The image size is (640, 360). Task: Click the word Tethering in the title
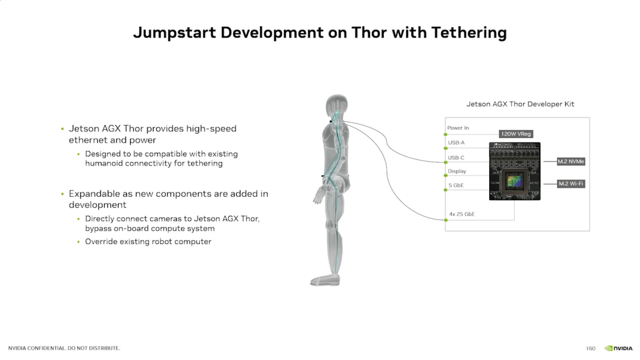(x=469, y=33)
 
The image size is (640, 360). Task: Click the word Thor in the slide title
(x=369, y=32)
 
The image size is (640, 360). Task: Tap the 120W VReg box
(x=516, y=134)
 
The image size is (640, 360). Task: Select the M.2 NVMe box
(x=571, y=161)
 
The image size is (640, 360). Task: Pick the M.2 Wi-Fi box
(x=571, y=184)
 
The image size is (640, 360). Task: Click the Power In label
(x=458, y=128)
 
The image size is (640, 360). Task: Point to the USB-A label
(x=456, y=143)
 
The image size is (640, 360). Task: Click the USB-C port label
(x=456, y=158)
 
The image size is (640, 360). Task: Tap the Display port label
(x=457, y=171)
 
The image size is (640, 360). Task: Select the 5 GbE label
(x=456, y=185)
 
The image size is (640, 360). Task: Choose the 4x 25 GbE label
(x=462, y=214)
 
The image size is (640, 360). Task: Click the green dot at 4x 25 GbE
(x=446, y=220)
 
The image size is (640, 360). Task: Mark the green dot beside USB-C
(x=446, y=162)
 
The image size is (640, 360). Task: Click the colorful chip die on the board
(x=514, y=181)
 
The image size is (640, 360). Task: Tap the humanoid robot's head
(x=337, y=105)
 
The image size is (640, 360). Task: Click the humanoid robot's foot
(x=325, y=280)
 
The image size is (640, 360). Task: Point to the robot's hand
(x=319, y=196)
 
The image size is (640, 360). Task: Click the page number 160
(x=590, y=348)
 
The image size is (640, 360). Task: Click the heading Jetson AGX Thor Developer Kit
(x=520, y=104)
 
